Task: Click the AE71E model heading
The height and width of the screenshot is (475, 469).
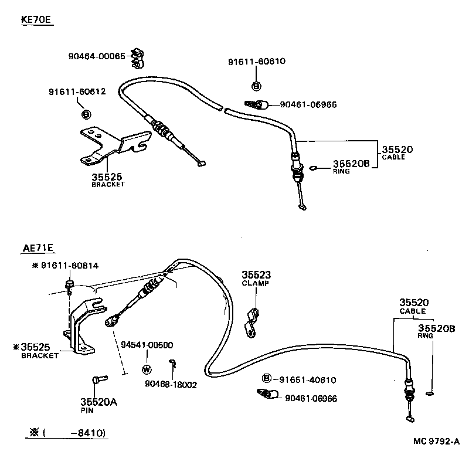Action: (36, 249)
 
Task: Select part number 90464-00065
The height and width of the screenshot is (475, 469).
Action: (96, 56)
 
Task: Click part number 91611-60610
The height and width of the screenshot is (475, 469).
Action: (257, 61)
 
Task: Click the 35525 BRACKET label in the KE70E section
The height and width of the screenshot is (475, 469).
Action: (108, 178)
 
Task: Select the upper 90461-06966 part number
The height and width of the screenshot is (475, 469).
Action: (308, 104)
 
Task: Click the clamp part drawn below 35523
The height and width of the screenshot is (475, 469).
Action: (253, 323)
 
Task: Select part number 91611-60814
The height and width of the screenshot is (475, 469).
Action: (69, 266)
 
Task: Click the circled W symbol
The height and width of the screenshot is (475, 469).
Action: (147, 369)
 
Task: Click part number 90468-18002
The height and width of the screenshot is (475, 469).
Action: (171, 385)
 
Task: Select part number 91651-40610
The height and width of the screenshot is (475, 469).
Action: (307, 379)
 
